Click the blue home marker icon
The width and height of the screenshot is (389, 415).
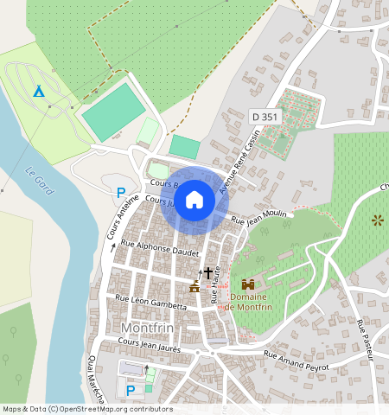[194, 200]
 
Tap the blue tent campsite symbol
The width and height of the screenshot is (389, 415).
[38, 91]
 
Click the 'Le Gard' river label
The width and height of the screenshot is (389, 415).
[40, 180]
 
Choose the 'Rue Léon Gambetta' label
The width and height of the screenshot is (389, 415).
[150, 302]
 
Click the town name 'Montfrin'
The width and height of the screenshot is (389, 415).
[150, 329]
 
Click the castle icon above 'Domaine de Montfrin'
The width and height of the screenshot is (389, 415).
[248, 284]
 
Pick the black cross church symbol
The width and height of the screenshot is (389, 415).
[207, 272]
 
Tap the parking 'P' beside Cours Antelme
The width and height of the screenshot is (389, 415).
[121, 192]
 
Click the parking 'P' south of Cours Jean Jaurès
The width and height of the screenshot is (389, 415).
[131, 390]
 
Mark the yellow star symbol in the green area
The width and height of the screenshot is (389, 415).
[376, 220]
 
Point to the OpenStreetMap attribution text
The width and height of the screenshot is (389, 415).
[87, 409]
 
